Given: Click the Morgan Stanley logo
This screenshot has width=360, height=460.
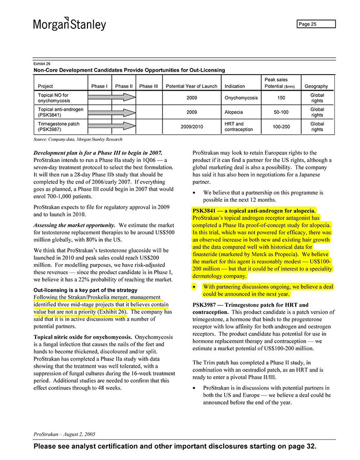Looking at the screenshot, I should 69,24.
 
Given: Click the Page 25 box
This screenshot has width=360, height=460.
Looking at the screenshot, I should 316,24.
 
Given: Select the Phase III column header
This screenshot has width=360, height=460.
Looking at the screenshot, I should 149,86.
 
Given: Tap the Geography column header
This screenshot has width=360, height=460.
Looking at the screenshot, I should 316,86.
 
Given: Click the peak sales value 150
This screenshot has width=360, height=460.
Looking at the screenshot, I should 281,98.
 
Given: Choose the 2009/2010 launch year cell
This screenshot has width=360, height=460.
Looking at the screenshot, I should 191,127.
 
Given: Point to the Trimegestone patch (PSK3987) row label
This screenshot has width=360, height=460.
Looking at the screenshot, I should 59,127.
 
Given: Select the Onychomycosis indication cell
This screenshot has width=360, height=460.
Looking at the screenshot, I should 241,98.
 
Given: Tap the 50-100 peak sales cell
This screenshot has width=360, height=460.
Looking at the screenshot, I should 281,112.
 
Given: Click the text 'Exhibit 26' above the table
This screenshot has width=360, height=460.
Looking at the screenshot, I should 42,63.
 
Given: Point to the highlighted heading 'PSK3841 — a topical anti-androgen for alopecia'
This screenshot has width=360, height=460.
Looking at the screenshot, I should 254,210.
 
